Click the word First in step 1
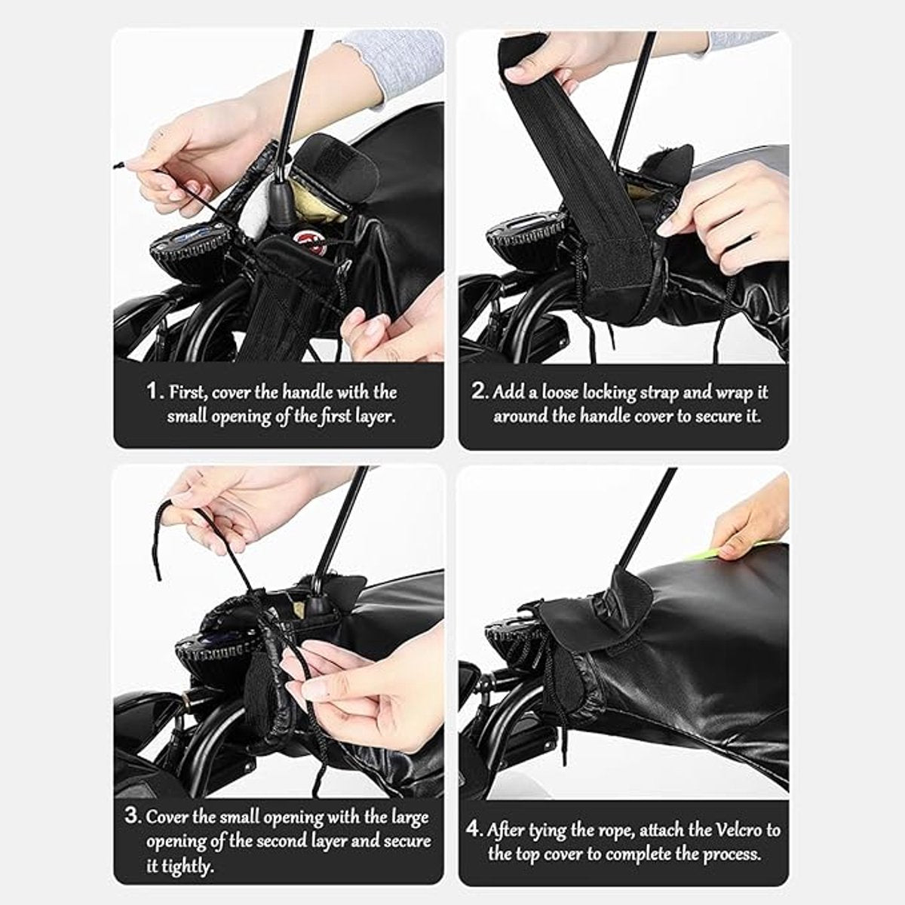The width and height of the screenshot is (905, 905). [x=187, y=391]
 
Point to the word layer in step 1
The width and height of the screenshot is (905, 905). [x=373, y=416]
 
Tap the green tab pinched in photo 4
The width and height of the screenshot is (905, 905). [x=718, y=554]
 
